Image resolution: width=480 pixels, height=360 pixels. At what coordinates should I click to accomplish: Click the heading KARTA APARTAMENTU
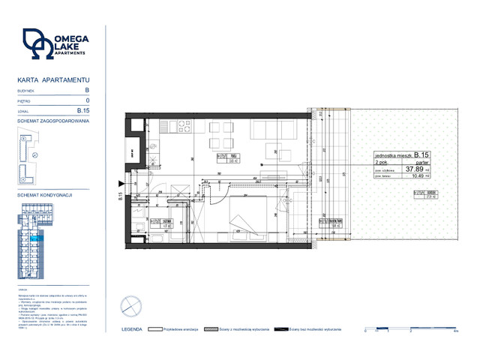(52, 79)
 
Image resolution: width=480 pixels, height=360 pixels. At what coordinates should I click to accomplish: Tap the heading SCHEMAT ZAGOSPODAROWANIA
(52, 121)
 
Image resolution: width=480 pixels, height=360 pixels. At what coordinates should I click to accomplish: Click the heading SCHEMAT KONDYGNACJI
(43, 195)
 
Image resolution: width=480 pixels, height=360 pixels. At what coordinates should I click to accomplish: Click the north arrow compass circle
(130, 305)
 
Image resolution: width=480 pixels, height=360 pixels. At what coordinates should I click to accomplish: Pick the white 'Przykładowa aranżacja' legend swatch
(156, 328)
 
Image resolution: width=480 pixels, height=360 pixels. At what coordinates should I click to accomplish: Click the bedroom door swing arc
(216, 193)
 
